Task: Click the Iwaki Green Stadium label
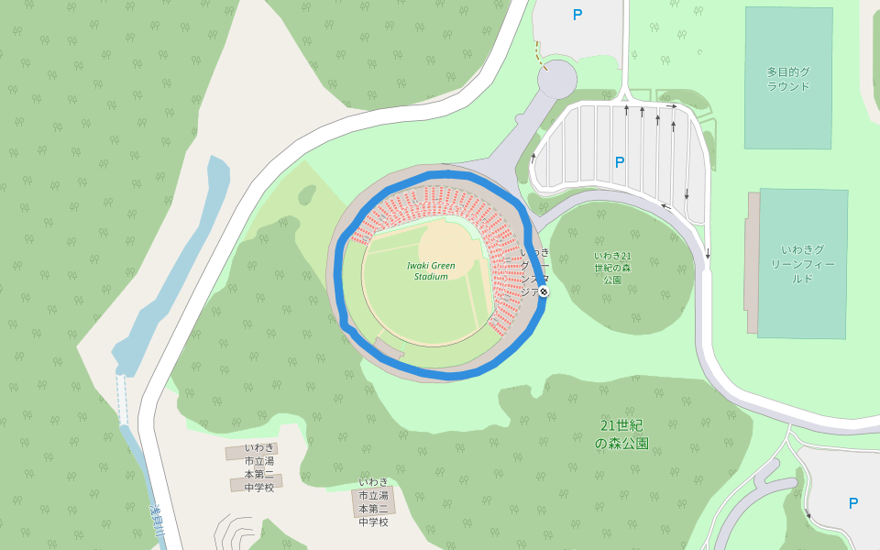[x=431, y=270]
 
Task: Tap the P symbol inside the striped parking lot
[x=620, y=162]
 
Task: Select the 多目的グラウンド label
[x=788, y=79]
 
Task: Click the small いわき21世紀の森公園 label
[x=612, y=267]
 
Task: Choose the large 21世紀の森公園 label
[x=621, y=434]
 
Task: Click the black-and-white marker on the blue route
[x=544, y=291]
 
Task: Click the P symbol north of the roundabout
[x=577, y=15]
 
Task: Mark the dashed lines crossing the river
[x=121, y=398]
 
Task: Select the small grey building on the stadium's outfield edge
[x=389, y=346]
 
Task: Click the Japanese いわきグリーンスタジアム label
[x=534, y=272]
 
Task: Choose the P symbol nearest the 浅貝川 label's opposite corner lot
[x=853, y=502]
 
